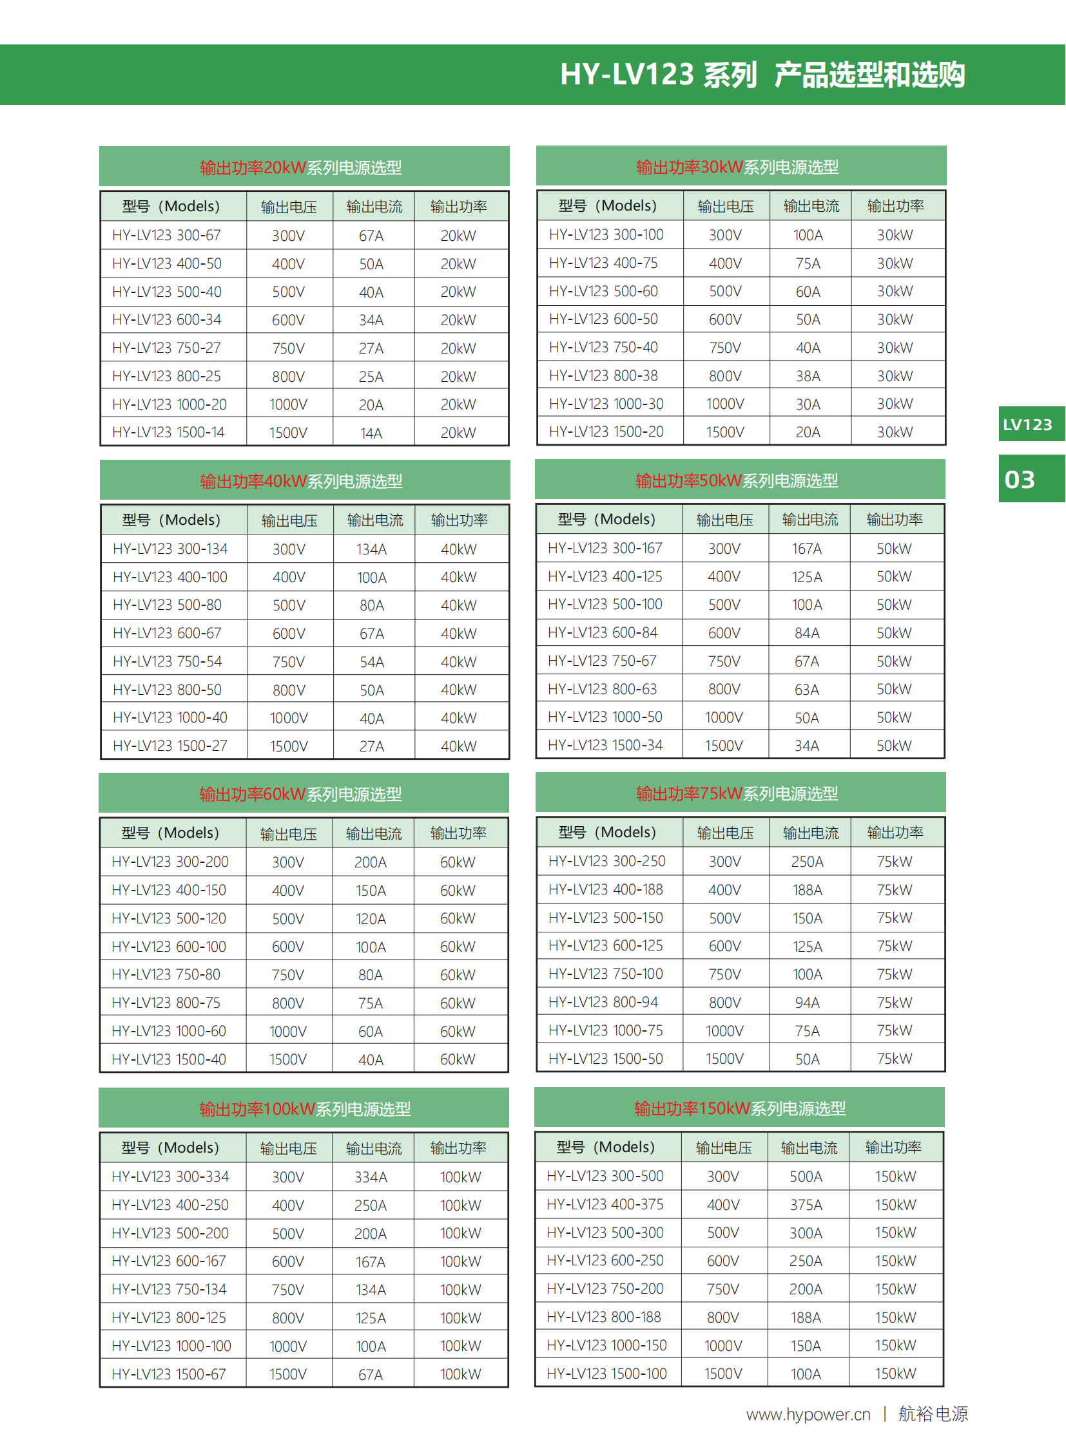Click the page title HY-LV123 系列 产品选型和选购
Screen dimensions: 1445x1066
[x=762, y=75]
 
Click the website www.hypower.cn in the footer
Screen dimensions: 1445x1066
[x=808, y=1414]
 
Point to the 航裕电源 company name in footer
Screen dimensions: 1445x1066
[x=933, y=1414]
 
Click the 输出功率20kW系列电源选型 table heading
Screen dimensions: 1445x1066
[x=301, y=167]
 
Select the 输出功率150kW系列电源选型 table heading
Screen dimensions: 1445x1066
[x=739, y=1108]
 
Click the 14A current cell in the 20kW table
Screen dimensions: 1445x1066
[x=371, y=433]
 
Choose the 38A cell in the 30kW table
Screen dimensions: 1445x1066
[x=808, y=376]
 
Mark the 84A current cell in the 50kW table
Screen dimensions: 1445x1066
[x=808, y=633]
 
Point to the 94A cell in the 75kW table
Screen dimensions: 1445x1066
[x=808, y=1003]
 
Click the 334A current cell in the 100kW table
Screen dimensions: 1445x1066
[x=371, y=1177]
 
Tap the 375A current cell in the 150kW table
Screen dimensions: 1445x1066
[x=806, y=1205]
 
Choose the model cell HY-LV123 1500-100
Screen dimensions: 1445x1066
[x=606, y=1374]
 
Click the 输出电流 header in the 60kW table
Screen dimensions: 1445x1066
[x=374, y=834]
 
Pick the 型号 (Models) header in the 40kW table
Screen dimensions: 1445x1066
[x=171, y=520]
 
